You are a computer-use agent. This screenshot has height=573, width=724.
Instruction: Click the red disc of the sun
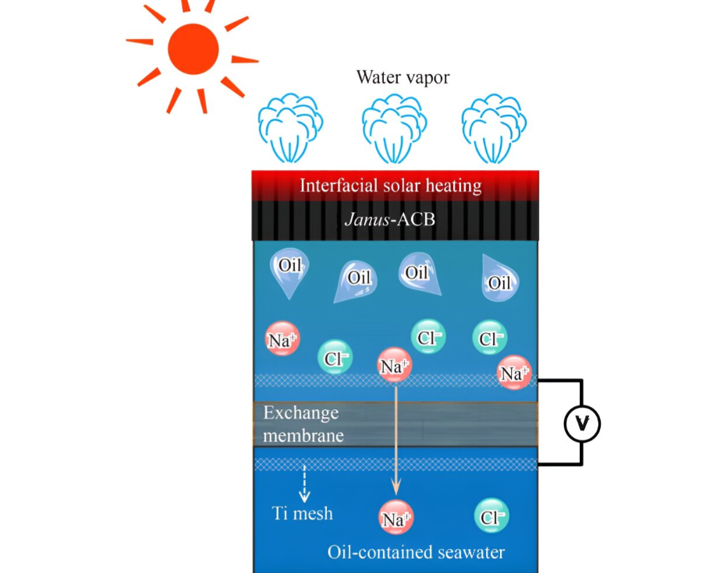point(193,49)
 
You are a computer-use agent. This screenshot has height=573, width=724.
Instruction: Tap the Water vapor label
point(403,77)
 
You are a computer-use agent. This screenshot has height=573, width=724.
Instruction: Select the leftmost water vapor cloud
point(290,129)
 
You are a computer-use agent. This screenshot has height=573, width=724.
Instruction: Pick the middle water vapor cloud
point(394,129)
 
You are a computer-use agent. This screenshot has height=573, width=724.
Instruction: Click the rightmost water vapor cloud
point(494,129)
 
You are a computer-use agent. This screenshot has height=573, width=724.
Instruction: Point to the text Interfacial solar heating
point(391,186)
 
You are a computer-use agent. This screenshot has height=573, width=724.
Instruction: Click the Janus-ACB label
point(390,219)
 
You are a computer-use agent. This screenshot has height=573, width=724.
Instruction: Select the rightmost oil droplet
point(499,278)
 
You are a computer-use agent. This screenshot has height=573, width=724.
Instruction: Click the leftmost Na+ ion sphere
point(282,338)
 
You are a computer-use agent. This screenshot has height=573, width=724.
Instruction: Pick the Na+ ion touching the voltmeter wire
point(514,373)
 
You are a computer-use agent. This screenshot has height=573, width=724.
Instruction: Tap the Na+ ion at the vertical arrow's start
point(394,365)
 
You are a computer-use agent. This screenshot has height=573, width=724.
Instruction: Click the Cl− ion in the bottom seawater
point(492,516)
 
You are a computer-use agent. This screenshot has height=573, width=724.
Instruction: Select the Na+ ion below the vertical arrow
point(396,517)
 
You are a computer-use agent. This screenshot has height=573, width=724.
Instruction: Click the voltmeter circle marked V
point(582,423)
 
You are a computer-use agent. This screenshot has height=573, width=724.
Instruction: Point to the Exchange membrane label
point(303,424)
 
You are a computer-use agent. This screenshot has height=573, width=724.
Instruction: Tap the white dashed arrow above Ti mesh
point(304,484)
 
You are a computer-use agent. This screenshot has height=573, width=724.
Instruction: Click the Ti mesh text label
point(303,514)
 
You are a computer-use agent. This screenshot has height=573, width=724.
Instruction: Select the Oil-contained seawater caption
point(416,552)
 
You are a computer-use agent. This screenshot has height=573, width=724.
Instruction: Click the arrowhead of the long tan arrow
point(396,486)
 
